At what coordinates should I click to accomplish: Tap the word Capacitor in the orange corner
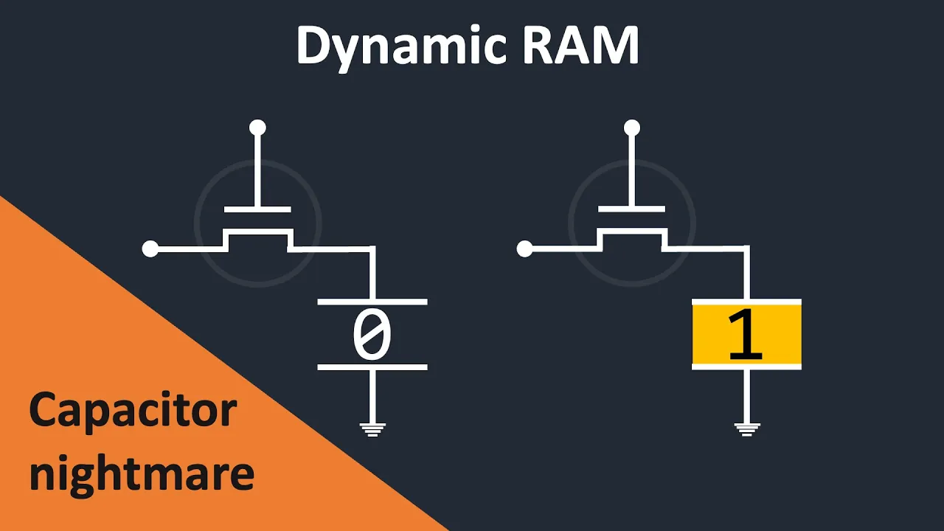pyautogui.click(x=133, y=412)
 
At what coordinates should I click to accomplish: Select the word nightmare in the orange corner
pyautogui.click(x=142, y=473)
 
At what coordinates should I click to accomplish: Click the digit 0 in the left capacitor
pyautogui.click(x=372, y=336)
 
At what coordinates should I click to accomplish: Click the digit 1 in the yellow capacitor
pyautogui.click(x=746, y=336)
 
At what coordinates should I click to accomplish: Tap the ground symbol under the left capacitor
pyautogui.click(x=372, y=428)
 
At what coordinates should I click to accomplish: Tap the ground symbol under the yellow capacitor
pyautogui.click(x=746, y=428)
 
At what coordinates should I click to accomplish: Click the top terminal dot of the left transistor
pyautogui.click(x=257, y=128)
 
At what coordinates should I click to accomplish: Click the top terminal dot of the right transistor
pyautogui.click(x=632, y=128)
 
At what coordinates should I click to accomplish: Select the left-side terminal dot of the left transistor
pyautogui.click(x=150, y=249)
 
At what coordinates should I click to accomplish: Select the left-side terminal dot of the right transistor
pyautogui.click(x=525, y=249)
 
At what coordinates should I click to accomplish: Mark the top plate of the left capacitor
pyautogui.click(x=372, y=302)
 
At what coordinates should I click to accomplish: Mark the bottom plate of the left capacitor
pyautogui.click(x=372, y=367)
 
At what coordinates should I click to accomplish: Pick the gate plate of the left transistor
pyautogui.click(x=257, y=209)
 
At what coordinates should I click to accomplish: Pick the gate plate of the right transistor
pyautogui.click(x=632, y=209)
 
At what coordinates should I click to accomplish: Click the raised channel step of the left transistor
pyautogui.click(x=257, y=232)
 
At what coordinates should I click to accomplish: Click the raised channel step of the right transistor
pyautogui.click(x=632, y=232)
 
